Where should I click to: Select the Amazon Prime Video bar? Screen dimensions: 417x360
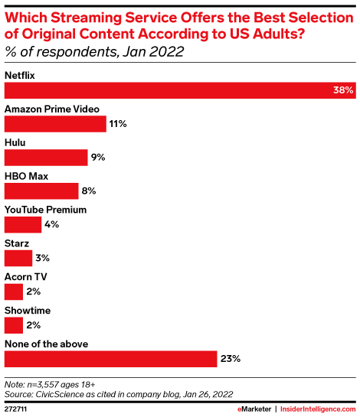(55, 124)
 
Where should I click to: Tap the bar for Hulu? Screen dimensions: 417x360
(46, 158)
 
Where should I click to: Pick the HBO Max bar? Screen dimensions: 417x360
(41, 191)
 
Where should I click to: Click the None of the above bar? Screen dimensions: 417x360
(111, 358)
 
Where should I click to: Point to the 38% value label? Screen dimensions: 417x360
(343, 90)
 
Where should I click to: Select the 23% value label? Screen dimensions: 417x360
(231, 358)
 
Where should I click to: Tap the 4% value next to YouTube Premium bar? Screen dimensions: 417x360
(51, 224)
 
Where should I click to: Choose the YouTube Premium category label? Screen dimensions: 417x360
(46, 210)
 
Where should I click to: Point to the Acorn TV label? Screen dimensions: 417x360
(26, 277)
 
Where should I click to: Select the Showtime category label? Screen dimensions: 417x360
(27, 311)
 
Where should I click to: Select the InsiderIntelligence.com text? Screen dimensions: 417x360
(317, 409)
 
